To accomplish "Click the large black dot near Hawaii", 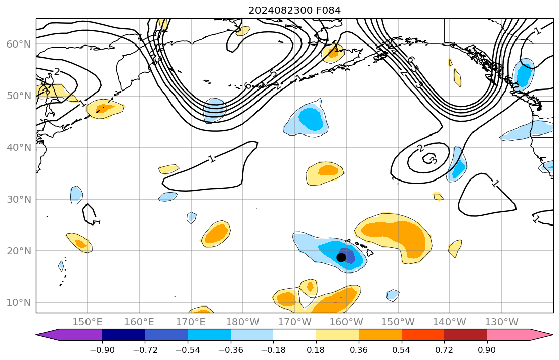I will point(341,257).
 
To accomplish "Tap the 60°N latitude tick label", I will point(18,44).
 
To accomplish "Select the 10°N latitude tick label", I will point(18,303).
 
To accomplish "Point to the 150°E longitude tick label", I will point(88,322).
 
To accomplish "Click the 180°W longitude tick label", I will point(243,322).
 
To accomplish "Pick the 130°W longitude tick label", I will point(501,322).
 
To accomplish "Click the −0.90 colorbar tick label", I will point(102,350).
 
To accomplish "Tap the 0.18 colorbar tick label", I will point(316,350).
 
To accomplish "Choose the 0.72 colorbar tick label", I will point(444,350).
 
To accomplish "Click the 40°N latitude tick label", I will point(18,148).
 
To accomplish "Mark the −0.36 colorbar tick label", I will point(230,350).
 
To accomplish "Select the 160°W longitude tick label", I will point(346,322).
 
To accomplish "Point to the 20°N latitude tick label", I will point(18,251).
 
